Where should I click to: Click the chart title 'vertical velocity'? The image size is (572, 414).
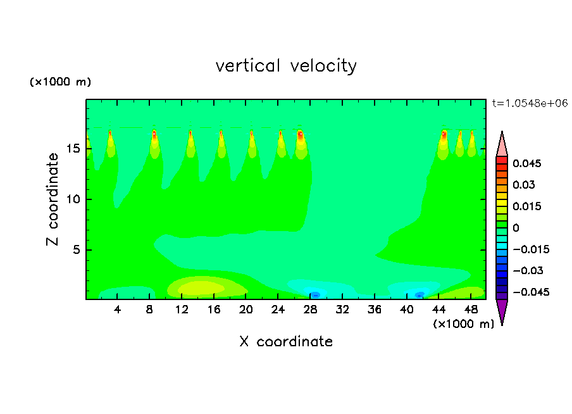click(286, 66)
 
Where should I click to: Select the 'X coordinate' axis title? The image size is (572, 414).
click(286, 342)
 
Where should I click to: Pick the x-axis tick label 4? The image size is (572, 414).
click(118, 310)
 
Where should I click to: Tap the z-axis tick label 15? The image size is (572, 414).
click(73, 149)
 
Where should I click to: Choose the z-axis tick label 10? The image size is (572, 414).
click(73, 199)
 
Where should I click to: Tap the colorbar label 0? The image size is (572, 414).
click(516, 228)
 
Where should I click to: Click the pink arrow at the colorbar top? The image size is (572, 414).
click(502, 144)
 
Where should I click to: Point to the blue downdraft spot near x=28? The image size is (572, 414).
click(315, 294)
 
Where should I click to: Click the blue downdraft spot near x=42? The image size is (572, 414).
click(419, 294)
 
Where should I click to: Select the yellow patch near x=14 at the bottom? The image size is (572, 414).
click(201, 288)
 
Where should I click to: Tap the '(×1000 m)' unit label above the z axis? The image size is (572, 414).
click(61, 82)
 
